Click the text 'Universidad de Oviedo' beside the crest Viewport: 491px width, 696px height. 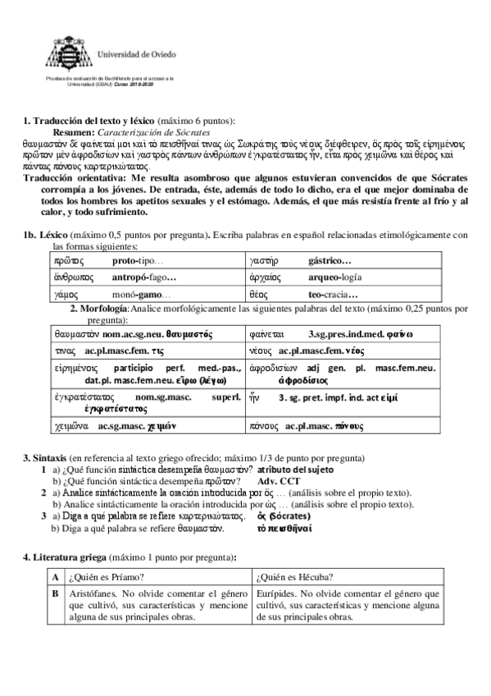pos(134,53)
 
